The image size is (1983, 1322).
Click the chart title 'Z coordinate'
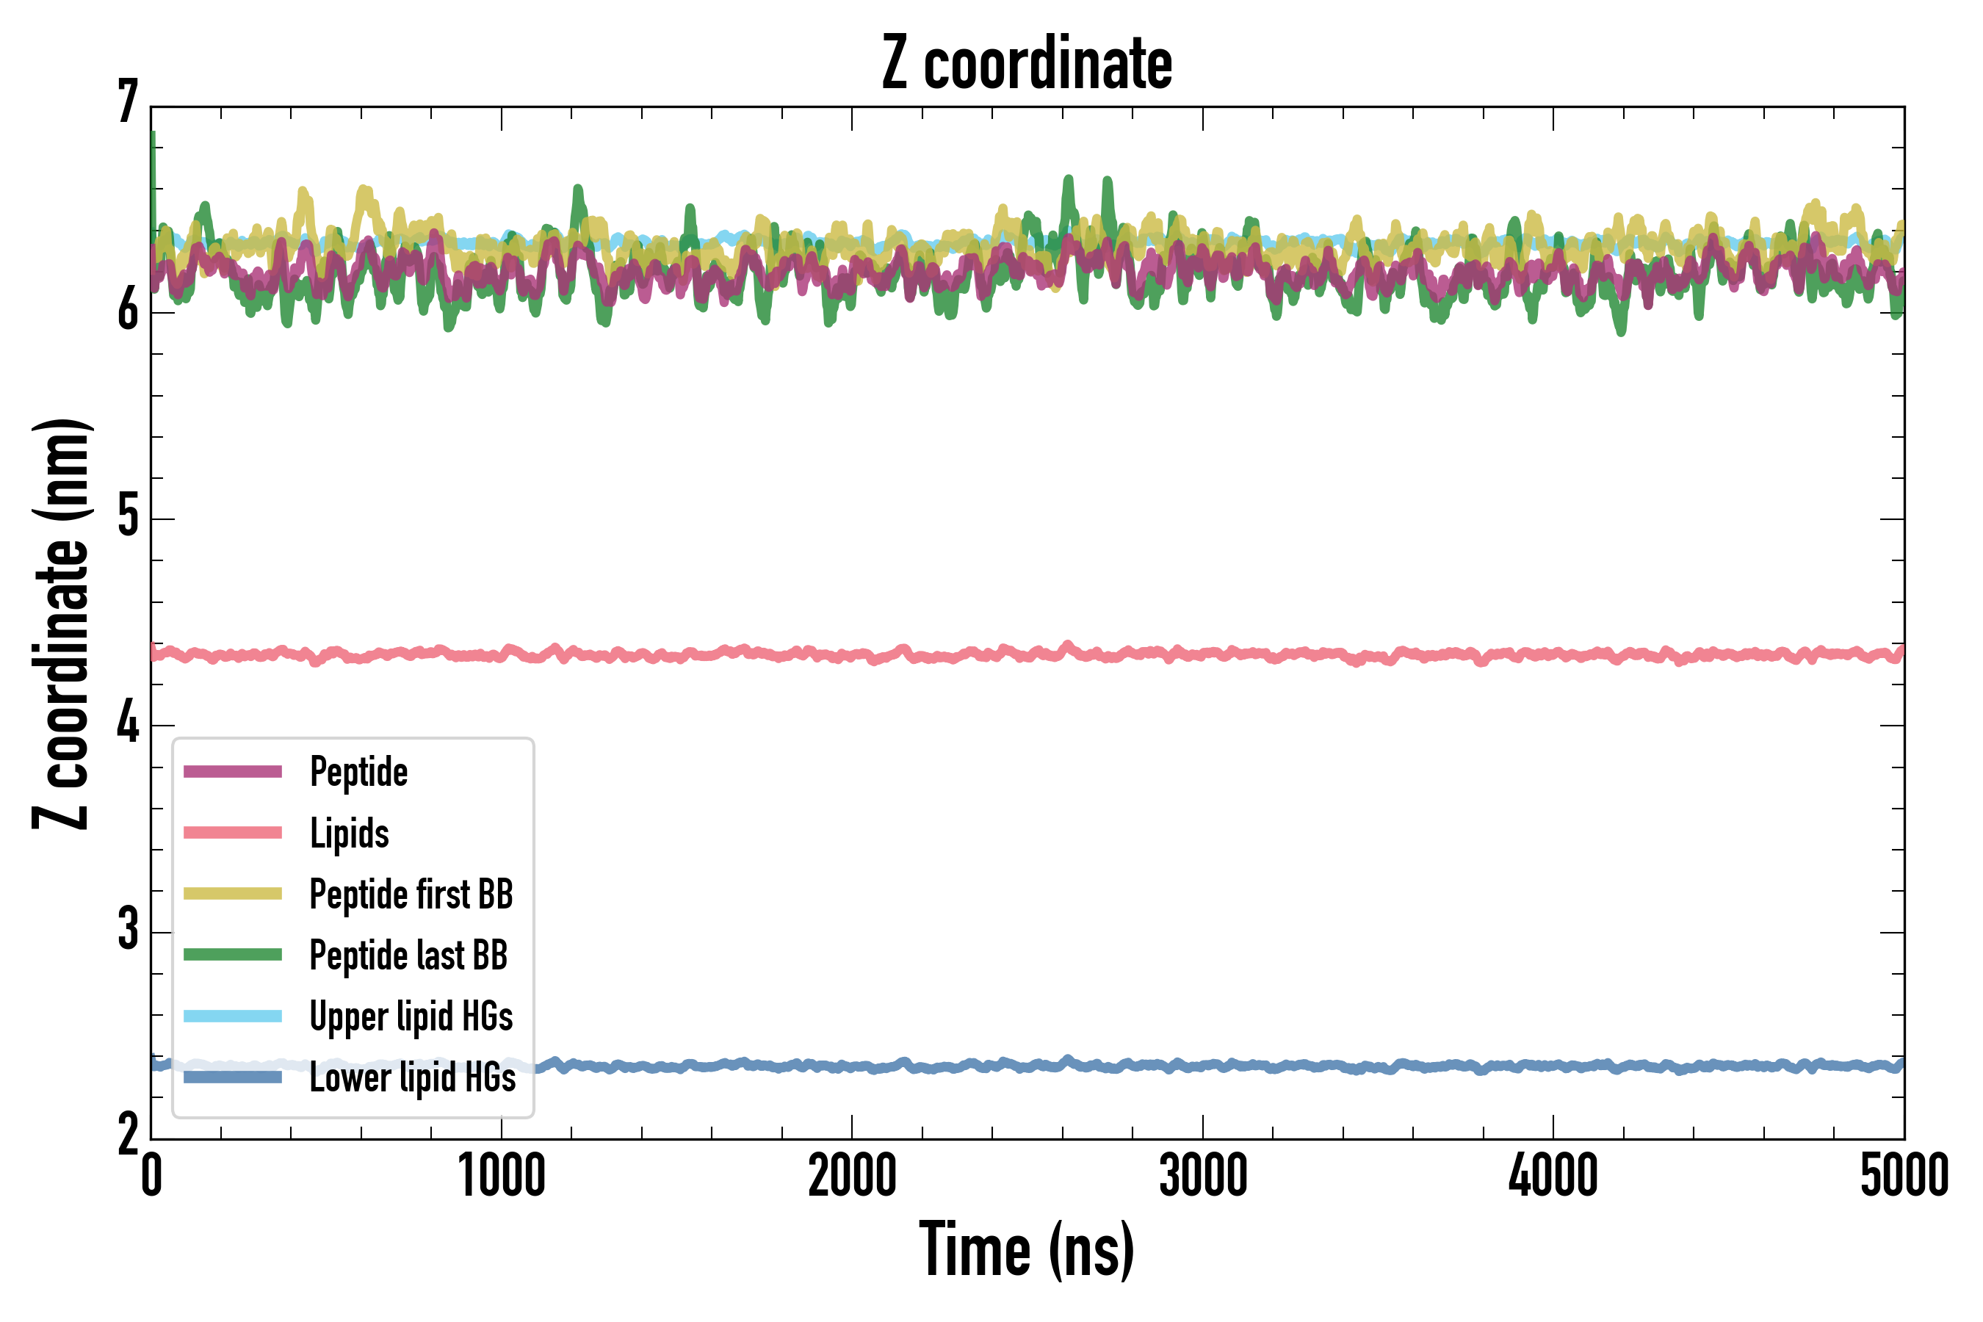point(1026,63)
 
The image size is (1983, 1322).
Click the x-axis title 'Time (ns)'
point(1026,1249)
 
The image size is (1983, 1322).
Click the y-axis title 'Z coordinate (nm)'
point(61,624)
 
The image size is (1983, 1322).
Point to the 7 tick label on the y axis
point(128,102)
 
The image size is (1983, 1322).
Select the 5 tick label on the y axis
point(128,517)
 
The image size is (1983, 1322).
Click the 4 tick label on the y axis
point(128,724)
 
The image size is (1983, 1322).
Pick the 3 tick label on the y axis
point(128,931)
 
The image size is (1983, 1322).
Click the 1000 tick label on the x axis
point(502,1176)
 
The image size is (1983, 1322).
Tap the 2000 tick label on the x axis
point(851,1176)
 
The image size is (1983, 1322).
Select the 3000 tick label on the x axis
point(1203,1176)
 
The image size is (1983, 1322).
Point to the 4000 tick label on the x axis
point(1553,1176)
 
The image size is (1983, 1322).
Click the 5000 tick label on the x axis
point(1904,1176)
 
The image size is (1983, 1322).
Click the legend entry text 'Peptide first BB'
point(411,895)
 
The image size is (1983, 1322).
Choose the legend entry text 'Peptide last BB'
point(409,956)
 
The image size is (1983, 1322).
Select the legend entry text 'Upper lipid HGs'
point(411,1016)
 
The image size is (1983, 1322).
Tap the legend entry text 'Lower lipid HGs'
point(413,1077)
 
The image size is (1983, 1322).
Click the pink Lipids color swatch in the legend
point(233,833)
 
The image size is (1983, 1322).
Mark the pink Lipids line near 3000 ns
point(1203,654)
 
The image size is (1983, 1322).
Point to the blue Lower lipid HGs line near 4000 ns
point(1553,1066)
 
